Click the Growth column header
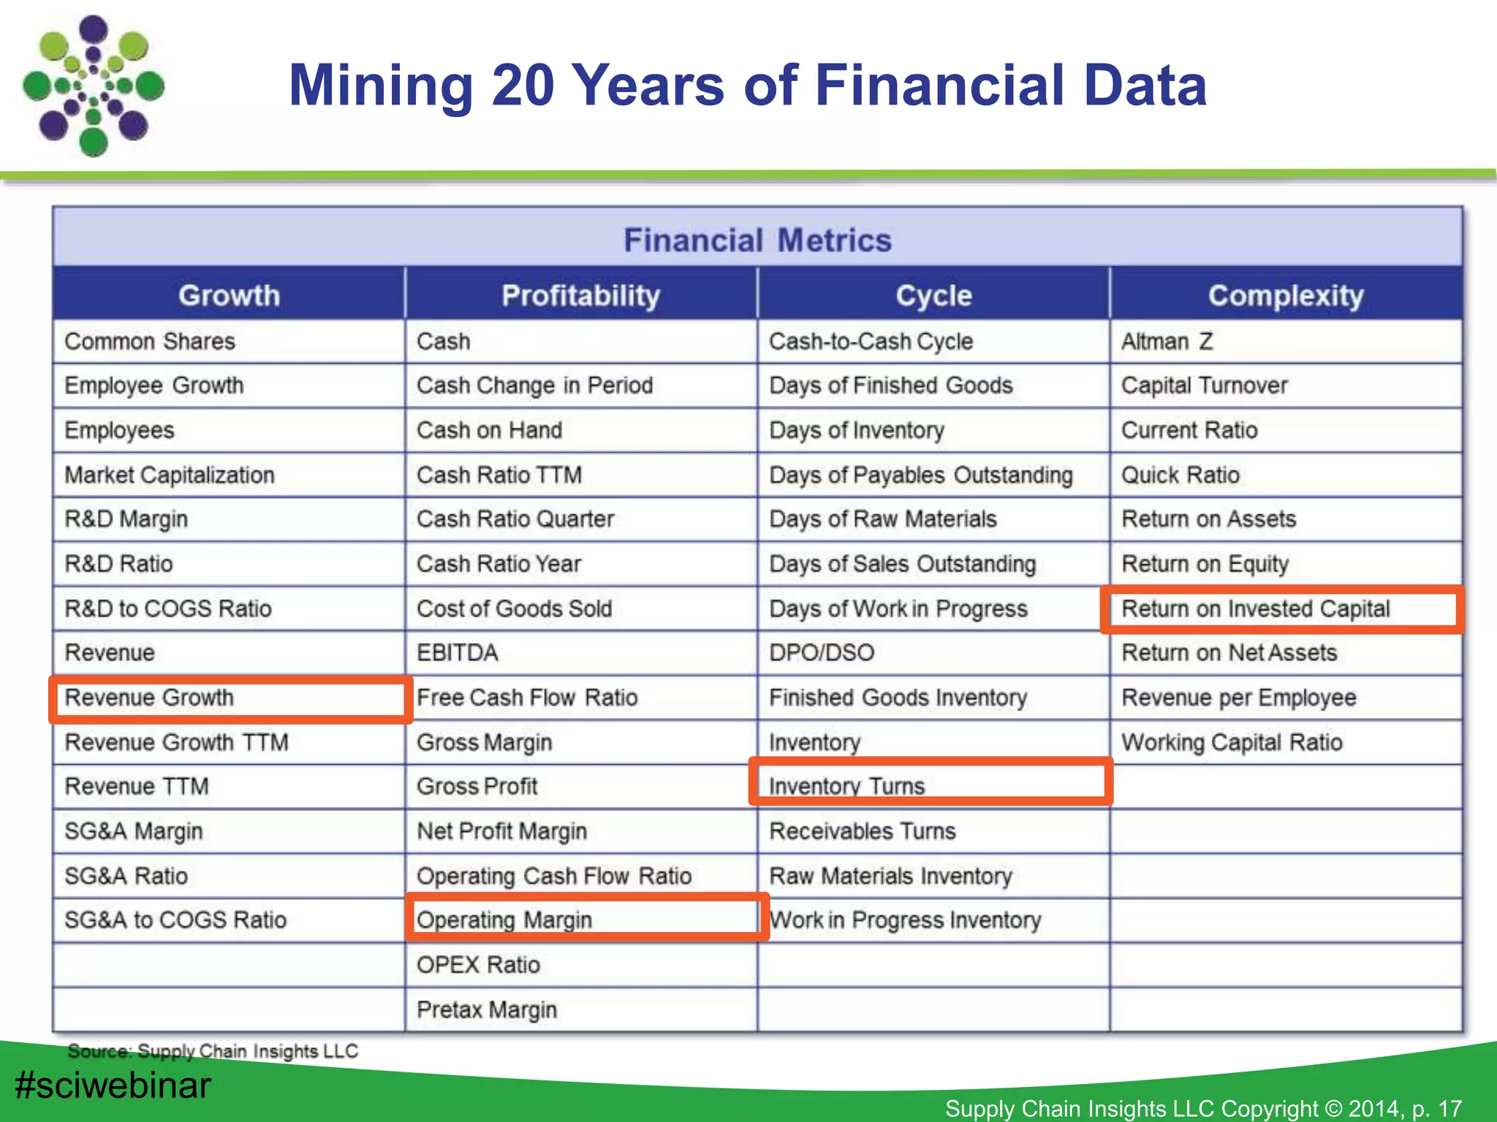229,295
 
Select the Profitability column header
580,295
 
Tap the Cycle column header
933,295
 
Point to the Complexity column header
1286,295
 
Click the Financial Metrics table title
757,240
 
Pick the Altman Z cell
1167,341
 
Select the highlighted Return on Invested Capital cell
1255,608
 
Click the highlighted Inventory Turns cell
846,785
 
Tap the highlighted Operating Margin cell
504,919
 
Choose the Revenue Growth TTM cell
176,742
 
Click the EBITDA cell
458,652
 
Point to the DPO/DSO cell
822,652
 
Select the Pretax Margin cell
487,1010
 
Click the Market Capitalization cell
170,475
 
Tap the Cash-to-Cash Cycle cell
871,341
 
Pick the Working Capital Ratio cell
1232,742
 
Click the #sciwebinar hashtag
113,1085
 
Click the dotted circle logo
94,86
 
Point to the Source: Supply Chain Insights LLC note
213,1051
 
